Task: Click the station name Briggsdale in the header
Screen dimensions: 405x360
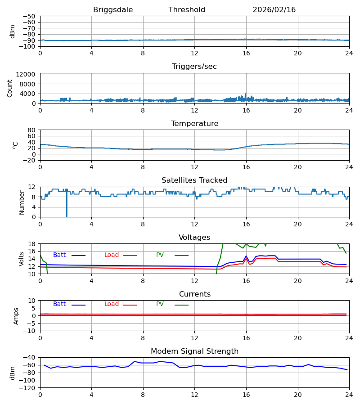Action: point(113,10)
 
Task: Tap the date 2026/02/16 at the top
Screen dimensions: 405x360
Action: point(274,10)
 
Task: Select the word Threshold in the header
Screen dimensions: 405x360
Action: point(187,10)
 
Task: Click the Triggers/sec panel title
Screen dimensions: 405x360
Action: point(194,67)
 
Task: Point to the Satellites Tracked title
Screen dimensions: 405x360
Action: point(194,180)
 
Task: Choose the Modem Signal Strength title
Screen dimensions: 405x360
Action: point(194,351)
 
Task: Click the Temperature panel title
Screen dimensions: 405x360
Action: point(194,124)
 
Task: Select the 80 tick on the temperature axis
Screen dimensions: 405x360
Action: point(32,130)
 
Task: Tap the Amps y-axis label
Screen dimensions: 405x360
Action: point(16,316)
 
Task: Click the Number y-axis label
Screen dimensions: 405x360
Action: point(22,202)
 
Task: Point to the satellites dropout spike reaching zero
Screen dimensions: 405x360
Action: point(67,215)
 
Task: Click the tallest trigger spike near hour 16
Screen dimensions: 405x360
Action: point(245,94)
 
